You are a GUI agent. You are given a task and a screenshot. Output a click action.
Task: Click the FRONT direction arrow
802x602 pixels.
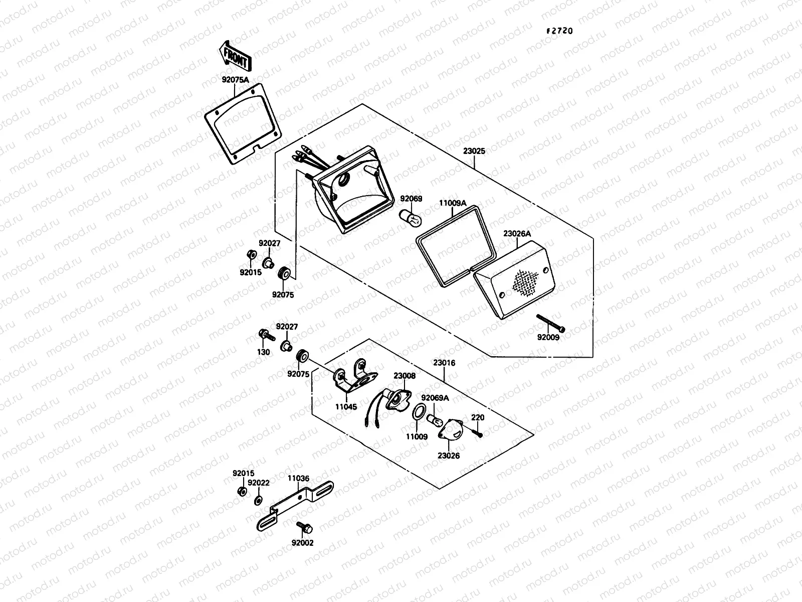(234, 56)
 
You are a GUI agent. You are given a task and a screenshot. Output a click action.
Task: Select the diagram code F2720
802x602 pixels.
(559, 31)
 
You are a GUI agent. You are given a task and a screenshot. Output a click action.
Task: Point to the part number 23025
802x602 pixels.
(474, 150)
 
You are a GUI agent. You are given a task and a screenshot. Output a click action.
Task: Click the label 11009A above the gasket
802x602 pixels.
(453, 203)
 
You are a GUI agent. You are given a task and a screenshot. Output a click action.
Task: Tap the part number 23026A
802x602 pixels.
(517, 233)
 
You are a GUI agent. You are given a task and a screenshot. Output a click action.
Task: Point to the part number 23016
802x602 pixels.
(444, 363)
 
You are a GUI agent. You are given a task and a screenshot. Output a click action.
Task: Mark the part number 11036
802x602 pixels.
(298, 479)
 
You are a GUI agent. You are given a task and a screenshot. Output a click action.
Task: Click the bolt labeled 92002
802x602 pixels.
(304, 528)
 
